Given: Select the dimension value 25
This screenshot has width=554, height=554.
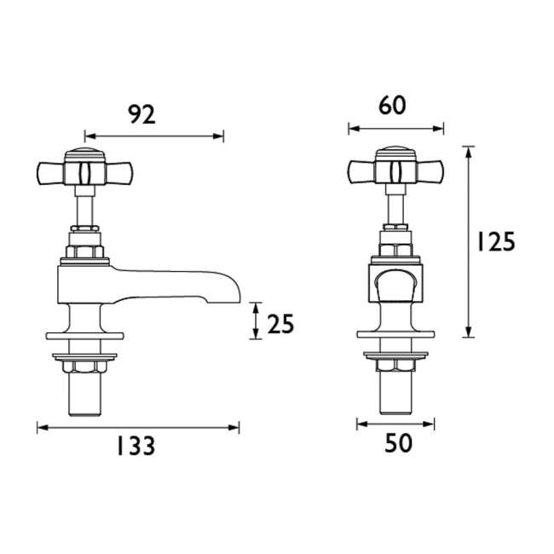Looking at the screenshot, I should click(281, 323).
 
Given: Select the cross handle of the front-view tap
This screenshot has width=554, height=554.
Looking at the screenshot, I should click(397, 170).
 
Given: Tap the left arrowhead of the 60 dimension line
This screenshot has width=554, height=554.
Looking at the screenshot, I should click(352, 130).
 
